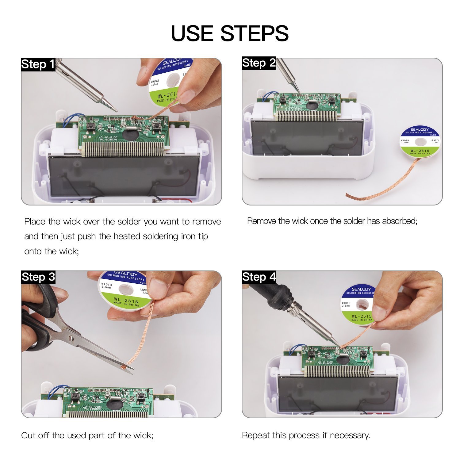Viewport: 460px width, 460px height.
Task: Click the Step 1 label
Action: point(38,64)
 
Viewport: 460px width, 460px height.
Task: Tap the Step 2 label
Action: point(259,63)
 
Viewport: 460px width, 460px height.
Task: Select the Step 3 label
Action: point(38,277)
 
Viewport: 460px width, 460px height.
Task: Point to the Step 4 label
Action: point(259,277)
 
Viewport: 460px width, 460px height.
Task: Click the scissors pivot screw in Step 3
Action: point(71,339)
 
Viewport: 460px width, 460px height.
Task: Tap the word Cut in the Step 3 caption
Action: point(28,435)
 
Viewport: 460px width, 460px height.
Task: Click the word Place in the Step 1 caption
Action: point(35,221)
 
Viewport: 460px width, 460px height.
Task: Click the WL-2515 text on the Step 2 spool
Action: point(420,151)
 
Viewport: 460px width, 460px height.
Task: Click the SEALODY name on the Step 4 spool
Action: point(361,289)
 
